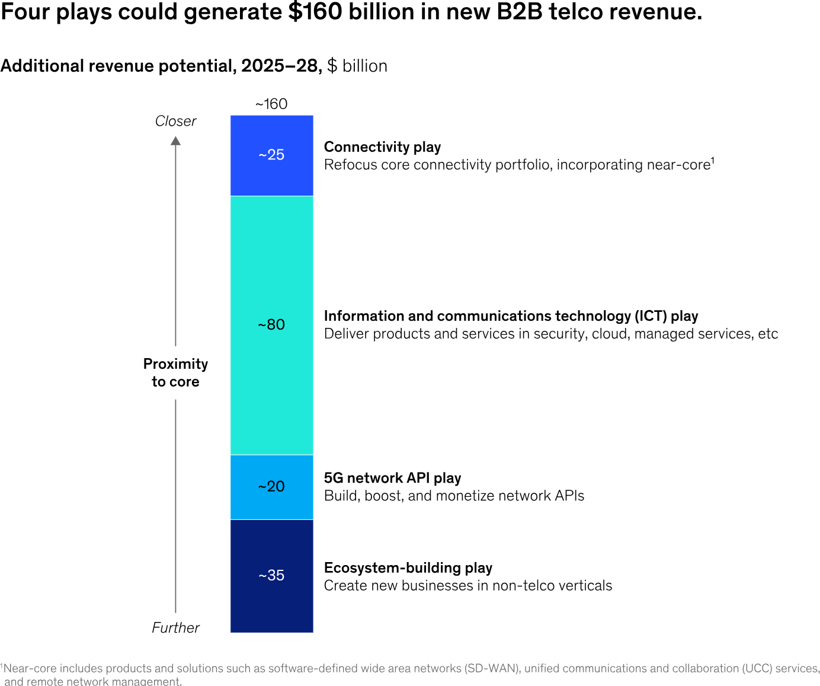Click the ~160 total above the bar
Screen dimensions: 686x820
click(x=271, y=104)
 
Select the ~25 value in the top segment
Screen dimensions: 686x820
click(x=271, y=155)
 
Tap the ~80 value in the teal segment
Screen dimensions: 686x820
click(x=271, y=324)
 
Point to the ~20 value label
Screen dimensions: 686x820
click(x=271, y=486)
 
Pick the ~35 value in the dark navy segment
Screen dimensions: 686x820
click(x=271, y=575)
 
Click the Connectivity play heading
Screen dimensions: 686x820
click(x=382, y=147)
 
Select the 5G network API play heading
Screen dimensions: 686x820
click(x=392, y=478)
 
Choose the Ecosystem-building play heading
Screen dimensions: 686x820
click(x=408, y=568)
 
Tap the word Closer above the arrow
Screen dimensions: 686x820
click(x=175, y=121)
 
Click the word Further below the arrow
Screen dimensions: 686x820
click(x=175, y=628)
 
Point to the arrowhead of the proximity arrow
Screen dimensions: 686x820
click(x=175, y=141)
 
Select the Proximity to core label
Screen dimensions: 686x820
click(x=175, y=373)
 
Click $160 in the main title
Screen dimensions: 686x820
click(x=315, y=12)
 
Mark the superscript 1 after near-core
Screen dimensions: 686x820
click(x=713, y=160)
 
